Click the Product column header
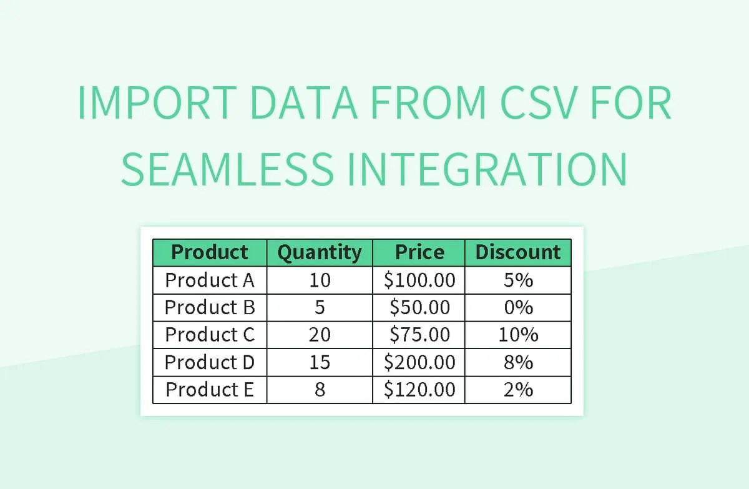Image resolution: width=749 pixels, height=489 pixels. [x=210, y=252]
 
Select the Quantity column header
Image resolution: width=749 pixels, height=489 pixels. [x=319, y=252]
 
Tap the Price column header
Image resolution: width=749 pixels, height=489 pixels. [x=419, y=252]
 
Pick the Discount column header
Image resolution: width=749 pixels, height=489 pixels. [x=518, y=252]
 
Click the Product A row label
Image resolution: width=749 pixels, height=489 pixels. [x=210, y=280]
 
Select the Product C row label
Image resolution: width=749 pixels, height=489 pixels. [x=210, y=335]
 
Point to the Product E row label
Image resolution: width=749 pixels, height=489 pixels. [x=210, y=390]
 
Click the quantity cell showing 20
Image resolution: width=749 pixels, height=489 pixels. [x=320, y=335]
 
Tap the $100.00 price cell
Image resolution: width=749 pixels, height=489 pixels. [x=419, y=280]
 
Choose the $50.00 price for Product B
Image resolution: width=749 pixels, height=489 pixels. [x=419, y=307]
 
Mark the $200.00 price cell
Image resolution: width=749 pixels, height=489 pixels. [x=419, y=362]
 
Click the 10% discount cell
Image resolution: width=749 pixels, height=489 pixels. [x=518, y=335]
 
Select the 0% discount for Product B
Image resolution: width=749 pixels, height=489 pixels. [x=518, y=307]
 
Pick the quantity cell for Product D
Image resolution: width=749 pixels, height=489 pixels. [x=320, y=362]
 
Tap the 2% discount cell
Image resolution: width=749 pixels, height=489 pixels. [x=518, y=390]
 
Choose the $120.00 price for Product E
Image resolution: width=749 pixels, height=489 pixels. [x=419, y=390]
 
